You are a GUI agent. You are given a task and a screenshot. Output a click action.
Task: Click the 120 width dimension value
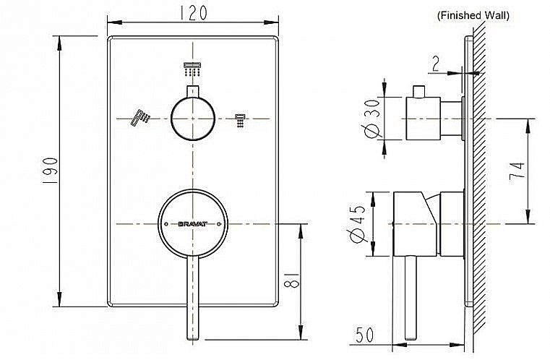click(x=192, y=12)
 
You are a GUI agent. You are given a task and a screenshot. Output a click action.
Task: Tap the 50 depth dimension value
click(x=366, y=335)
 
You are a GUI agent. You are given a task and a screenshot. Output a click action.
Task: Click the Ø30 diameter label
click(x=373, y=119)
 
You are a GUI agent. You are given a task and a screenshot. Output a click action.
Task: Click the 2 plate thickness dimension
click(x=436, y=64)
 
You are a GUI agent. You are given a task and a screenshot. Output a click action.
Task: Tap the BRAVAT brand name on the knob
click(x=192, y=225)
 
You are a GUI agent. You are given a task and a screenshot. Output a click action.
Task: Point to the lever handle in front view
click(x=192, y=296)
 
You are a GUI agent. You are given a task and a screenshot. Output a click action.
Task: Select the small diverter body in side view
click(x=425, y=119)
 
